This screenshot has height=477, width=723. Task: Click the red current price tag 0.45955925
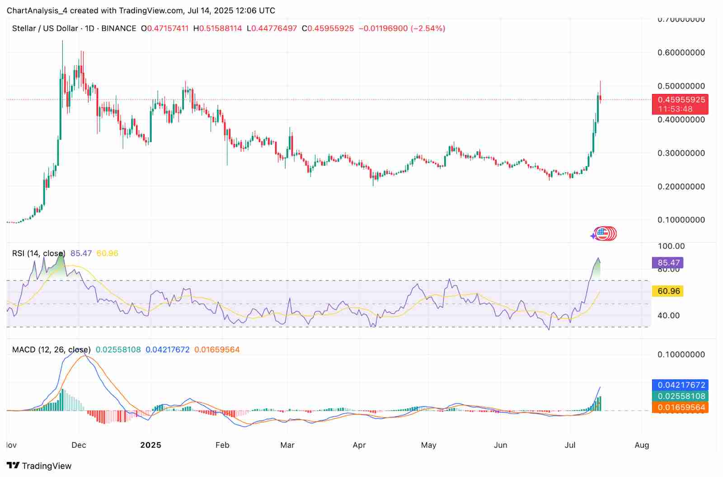pos(680,100)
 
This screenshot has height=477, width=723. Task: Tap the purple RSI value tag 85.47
pos(668,263)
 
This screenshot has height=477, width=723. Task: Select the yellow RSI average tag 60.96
pos(668,291)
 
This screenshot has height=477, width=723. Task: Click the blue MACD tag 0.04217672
pos(680,385)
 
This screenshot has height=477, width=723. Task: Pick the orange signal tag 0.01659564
pos(680,407)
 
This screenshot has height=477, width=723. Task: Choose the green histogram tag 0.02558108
pos(680,396)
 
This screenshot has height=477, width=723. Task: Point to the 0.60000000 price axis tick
pos(681,53)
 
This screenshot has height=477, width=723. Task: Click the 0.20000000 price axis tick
pos(681,187)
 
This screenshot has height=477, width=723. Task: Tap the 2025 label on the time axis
pos(150,445)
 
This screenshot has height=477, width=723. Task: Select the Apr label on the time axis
pos(359,445)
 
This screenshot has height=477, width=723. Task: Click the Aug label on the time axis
pos(642,445)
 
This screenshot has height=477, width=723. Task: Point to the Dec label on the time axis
pos(79,445)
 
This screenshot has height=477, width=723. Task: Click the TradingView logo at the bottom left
pos(39,466)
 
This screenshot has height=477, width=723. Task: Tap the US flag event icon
pos(602,234)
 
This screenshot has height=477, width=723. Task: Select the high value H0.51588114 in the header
pos(217,28)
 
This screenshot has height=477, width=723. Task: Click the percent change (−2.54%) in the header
pos(427,28)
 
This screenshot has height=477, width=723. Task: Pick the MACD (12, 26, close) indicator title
pos(51,350)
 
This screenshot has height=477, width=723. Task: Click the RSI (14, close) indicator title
pos(38,253)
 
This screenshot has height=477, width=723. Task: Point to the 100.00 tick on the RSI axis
pos(671,246)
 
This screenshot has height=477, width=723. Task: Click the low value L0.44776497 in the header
pos(272,28)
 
